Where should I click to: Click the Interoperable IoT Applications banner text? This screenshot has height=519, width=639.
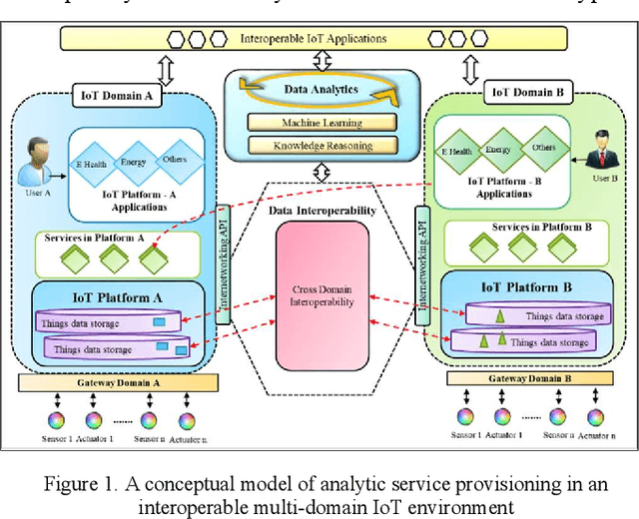[x=313, y=39]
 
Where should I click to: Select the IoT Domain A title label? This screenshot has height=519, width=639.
[x=117, y=96]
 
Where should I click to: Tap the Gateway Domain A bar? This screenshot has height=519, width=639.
[x=116, y=383]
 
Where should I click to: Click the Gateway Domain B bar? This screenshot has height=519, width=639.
[x=524, y=379]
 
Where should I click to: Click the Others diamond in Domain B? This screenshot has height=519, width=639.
[x=543, y=148]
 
